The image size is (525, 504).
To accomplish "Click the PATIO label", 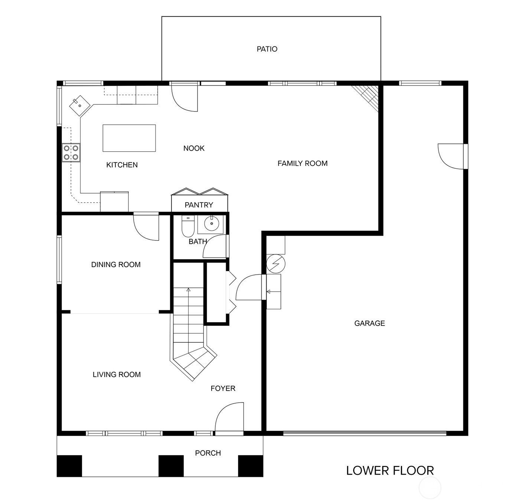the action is click(267, 49).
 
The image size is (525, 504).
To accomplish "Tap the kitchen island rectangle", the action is click(129, 138).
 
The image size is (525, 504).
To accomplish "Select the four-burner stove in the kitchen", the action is click(71, 153).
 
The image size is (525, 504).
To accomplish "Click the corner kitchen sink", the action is click(79, 106).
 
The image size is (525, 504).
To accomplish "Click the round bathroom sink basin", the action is click(212, 223).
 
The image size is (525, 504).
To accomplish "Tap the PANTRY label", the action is click(199, 205).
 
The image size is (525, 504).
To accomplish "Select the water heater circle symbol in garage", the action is click(275, 264).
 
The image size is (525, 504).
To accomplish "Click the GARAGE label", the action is click(369, 323).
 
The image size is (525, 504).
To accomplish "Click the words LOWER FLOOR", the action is click(390, 471).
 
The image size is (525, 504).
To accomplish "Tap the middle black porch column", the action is click(171, 466).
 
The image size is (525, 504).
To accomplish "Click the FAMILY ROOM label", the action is click(303, 164).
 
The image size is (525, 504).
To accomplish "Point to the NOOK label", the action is click(194, 148).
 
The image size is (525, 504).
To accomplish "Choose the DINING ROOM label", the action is click(116, 265).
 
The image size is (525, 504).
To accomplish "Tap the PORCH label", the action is click(208, 453).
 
